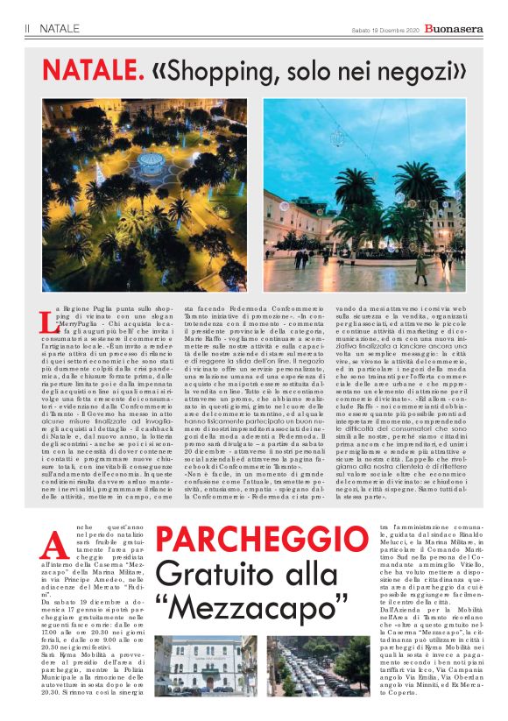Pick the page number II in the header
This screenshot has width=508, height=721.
[x=28, y=29]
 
